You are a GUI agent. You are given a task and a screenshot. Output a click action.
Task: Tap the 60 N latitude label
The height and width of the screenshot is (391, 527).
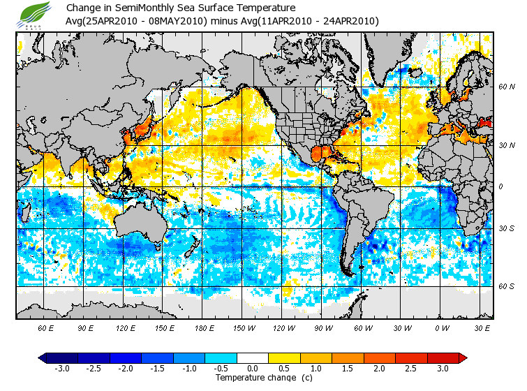(x=506, y=87)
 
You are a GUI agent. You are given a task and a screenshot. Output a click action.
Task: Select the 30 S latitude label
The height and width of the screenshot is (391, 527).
(x=506, y=228)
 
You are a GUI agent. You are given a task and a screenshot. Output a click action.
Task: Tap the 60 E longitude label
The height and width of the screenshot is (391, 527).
(x=45, y=327)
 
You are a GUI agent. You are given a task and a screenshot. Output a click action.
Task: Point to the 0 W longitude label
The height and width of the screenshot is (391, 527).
(x=442, y=327)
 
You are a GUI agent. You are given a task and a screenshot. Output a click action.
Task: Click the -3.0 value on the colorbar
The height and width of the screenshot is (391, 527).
(x=62, y=369)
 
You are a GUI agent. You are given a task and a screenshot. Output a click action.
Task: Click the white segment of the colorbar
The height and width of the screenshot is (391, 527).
(x=253, y=357)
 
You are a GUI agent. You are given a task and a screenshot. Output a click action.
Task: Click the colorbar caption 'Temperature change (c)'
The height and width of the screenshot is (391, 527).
(x=253, y=378)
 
